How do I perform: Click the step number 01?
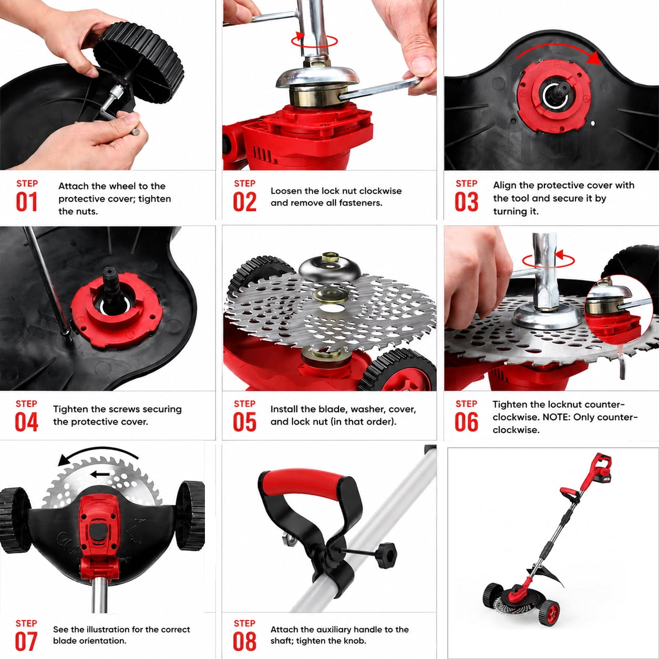[27, 202]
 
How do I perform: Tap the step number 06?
[466, 423]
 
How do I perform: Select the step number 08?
[244, 642]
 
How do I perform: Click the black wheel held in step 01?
[139, 62]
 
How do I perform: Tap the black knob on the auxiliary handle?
[387, 555]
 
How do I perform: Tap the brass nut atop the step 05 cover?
[329, 256]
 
